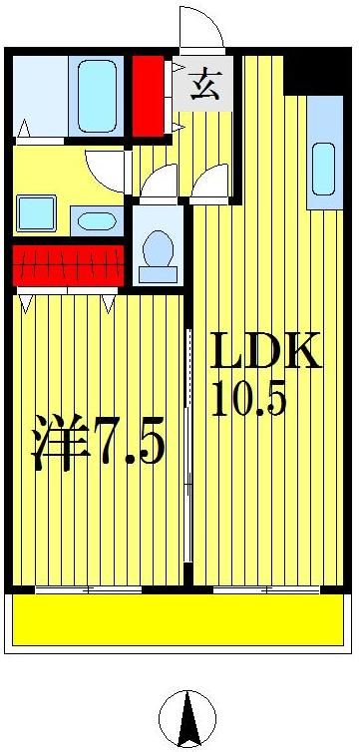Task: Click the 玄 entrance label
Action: (x=204, y=83)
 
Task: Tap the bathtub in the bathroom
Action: (x=97, y=96)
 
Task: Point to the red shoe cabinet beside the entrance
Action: (x=148, y=95)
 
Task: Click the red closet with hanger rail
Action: (x=68, y=266)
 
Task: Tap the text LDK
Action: (x=265, y=353)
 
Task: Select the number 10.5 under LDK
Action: (x=248, y=400)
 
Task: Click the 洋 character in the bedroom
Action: (x=57, y=445)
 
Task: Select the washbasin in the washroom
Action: (x=95, y=220)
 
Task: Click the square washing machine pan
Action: (x=36, y=212)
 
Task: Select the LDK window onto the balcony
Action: (x=266, y=589)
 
